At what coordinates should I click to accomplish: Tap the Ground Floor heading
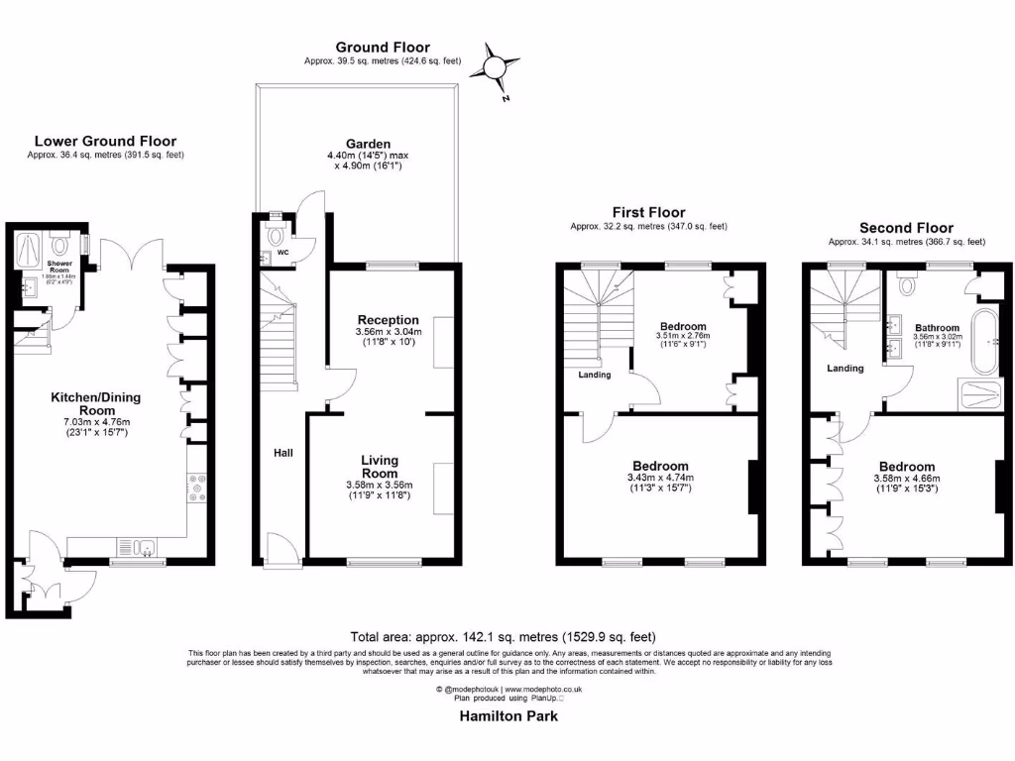(382, 47)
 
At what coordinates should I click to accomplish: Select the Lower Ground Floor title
(105, 142)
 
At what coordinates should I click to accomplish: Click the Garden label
(354, 144)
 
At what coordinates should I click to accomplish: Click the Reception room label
(389, 320)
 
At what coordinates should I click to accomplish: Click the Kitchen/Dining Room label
(96, 403)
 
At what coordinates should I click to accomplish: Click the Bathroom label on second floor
(937, 327)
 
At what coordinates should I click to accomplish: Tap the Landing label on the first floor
(595, 375)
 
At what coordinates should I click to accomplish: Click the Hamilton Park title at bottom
(507, 716)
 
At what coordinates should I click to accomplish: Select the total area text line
(503, 636)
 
